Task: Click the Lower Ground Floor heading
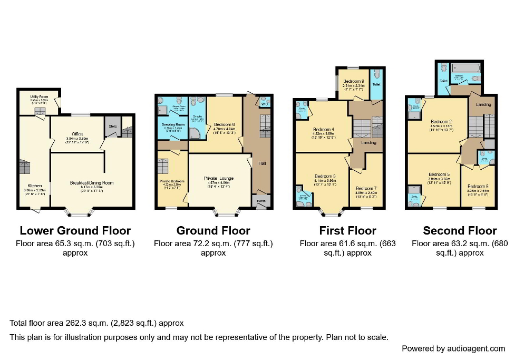point(75,230)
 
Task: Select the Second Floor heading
point(460,230)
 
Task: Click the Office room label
point(77,134)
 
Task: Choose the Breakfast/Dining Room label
point(92,183)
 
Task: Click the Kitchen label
point(35,186)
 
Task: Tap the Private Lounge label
point(218,178)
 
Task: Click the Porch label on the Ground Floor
point(261,201)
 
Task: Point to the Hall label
point(262,163)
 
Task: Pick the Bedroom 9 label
point(354,81)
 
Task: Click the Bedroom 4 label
point(324,130)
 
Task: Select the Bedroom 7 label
point(366,188)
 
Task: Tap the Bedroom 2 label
point(439,121)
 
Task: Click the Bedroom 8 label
point(478,186)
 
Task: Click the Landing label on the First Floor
point(368,142)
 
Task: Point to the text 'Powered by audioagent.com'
point(453,348)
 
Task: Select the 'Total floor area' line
point(96,323)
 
